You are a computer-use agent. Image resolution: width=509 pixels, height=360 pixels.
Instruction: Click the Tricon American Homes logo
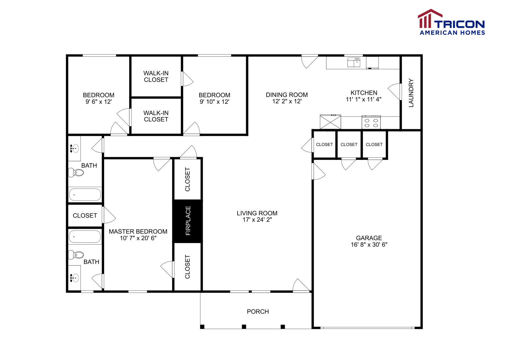451,22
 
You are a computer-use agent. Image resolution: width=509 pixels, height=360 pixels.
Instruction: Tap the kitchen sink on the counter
354,62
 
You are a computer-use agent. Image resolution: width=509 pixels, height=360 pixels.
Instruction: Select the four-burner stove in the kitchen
371,123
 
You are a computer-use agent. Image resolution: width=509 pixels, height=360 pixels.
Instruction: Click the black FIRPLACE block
188,221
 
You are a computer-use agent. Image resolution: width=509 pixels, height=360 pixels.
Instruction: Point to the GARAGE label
369,238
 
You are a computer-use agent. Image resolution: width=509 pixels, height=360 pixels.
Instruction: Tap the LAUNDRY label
411,93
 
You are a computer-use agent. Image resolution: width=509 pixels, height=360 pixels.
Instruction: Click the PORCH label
258,312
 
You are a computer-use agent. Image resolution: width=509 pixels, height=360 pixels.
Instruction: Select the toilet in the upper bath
77,173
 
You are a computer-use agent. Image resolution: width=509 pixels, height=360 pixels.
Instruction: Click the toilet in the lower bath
77,255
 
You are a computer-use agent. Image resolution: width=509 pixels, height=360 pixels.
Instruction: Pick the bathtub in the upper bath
85,195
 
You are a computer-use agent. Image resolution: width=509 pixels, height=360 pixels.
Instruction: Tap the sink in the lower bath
74,278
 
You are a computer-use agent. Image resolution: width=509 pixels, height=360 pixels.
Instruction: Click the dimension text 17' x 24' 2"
257,220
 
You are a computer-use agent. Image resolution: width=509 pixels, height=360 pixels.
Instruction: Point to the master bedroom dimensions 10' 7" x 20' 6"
138,238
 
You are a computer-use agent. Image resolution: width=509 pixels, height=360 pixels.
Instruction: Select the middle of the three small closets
349,144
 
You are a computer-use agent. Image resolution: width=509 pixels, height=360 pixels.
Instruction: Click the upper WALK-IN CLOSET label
156,77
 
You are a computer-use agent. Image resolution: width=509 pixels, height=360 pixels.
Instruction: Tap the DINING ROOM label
287,95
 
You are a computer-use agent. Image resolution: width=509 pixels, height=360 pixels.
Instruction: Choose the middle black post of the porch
244,327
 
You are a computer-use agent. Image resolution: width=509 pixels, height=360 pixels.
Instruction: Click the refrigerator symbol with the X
330,122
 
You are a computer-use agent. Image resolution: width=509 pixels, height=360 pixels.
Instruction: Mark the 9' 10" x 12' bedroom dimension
214,102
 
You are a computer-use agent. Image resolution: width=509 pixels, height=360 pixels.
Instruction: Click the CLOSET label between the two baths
85,216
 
